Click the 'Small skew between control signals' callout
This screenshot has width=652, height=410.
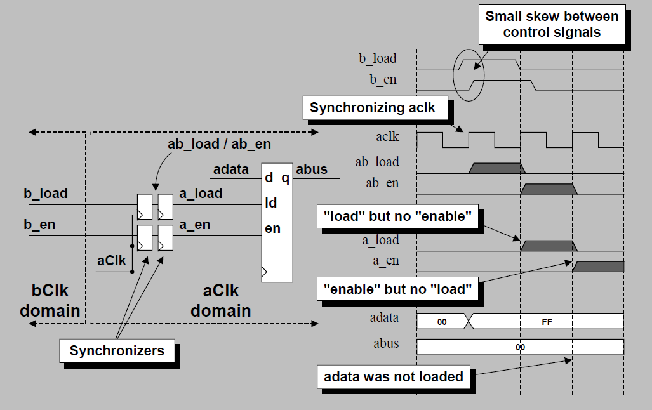click(551, 24)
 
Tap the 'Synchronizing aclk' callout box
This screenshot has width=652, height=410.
click(373, 108)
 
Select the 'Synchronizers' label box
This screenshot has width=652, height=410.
click(117, 350)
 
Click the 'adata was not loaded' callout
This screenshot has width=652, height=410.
click(394, 376)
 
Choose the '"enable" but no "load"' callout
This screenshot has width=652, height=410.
click(397, 290)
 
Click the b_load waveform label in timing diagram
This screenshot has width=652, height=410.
click(378, 58)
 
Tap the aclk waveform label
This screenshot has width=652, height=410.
click(387, 136)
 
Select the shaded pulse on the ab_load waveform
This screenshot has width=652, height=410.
click(498, 168)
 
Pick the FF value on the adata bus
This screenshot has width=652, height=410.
click(547, 322)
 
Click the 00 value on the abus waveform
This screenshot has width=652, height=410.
click(520, 347)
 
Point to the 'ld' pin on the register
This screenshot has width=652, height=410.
click(270, 203)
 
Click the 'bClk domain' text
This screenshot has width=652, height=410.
click(50, 301)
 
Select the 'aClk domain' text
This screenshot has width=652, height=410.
click(220, 301)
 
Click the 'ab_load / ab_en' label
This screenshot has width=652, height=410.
click(218, 144)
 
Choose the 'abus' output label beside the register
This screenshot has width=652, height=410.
click(312, 169)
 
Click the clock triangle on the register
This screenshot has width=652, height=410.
click(265, 272)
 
